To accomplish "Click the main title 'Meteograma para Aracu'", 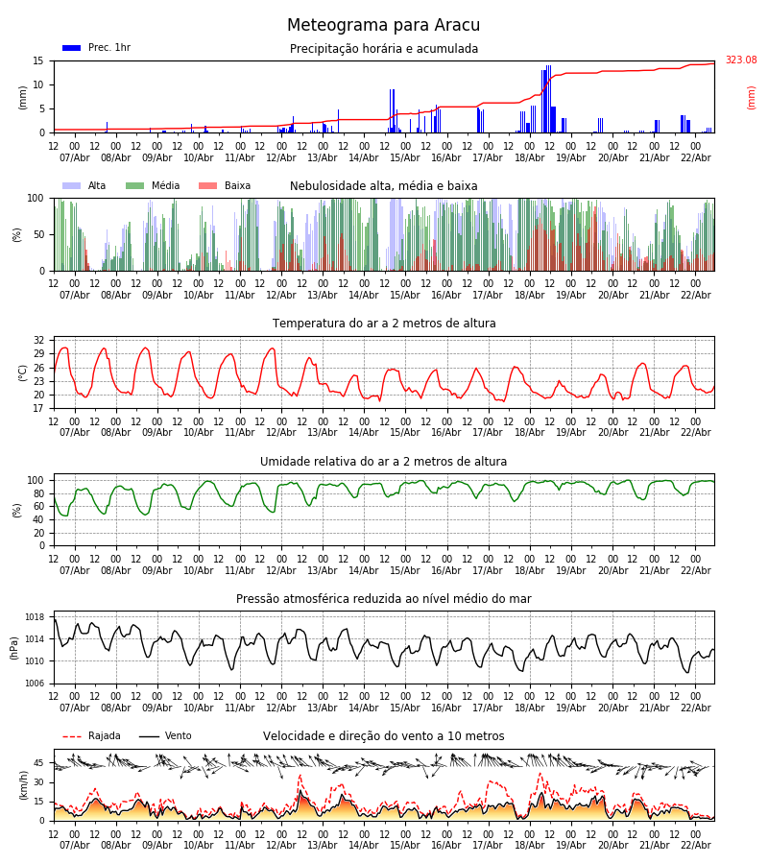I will (x=383, y=26).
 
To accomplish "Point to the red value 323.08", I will (x=740, y=60).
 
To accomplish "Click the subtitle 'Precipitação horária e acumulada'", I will (x=383, y=49).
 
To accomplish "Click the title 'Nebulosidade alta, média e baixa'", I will (x=383, y=186).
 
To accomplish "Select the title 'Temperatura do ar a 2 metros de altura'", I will (x=383, y=324).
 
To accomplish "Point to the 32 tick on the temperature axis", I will (x=39, y=341).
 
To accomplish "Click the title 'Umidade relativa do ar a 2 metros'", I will (x=383, y=462).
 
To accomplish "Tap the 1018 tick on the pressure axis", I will (x=35, y=617).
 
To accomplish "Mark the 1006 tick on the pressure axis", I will (x=35, y=684).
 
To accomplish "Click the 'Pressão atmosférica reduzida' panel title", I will (x=383, y=599).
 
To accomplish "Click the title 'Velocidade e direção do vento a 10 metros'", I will (x=383, y=736).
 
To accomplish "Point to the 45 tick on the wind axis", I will (x=39, y=763).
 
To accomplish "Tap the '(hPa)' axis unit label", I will (x=14, y=647).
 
